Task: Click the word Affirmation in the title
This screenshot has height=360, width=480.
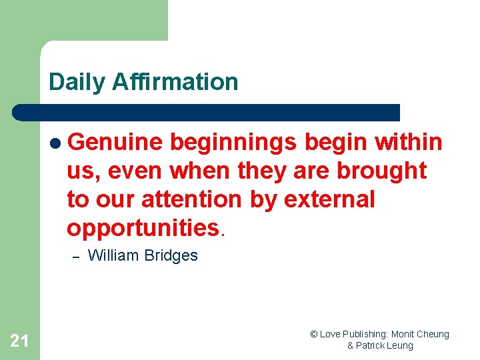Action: point(175,82)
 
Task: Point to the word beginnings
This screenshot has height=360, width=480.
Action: point(233,143)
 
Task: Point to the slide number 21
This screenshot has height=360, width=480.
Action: point(19,341)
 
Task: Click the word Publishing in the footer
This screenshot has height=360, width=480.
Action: point(367,335)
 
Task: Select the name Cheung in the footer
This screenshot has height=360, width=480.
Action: point(433,335)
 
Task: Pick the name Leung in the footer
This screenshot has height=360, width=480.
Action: point(399,345)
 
